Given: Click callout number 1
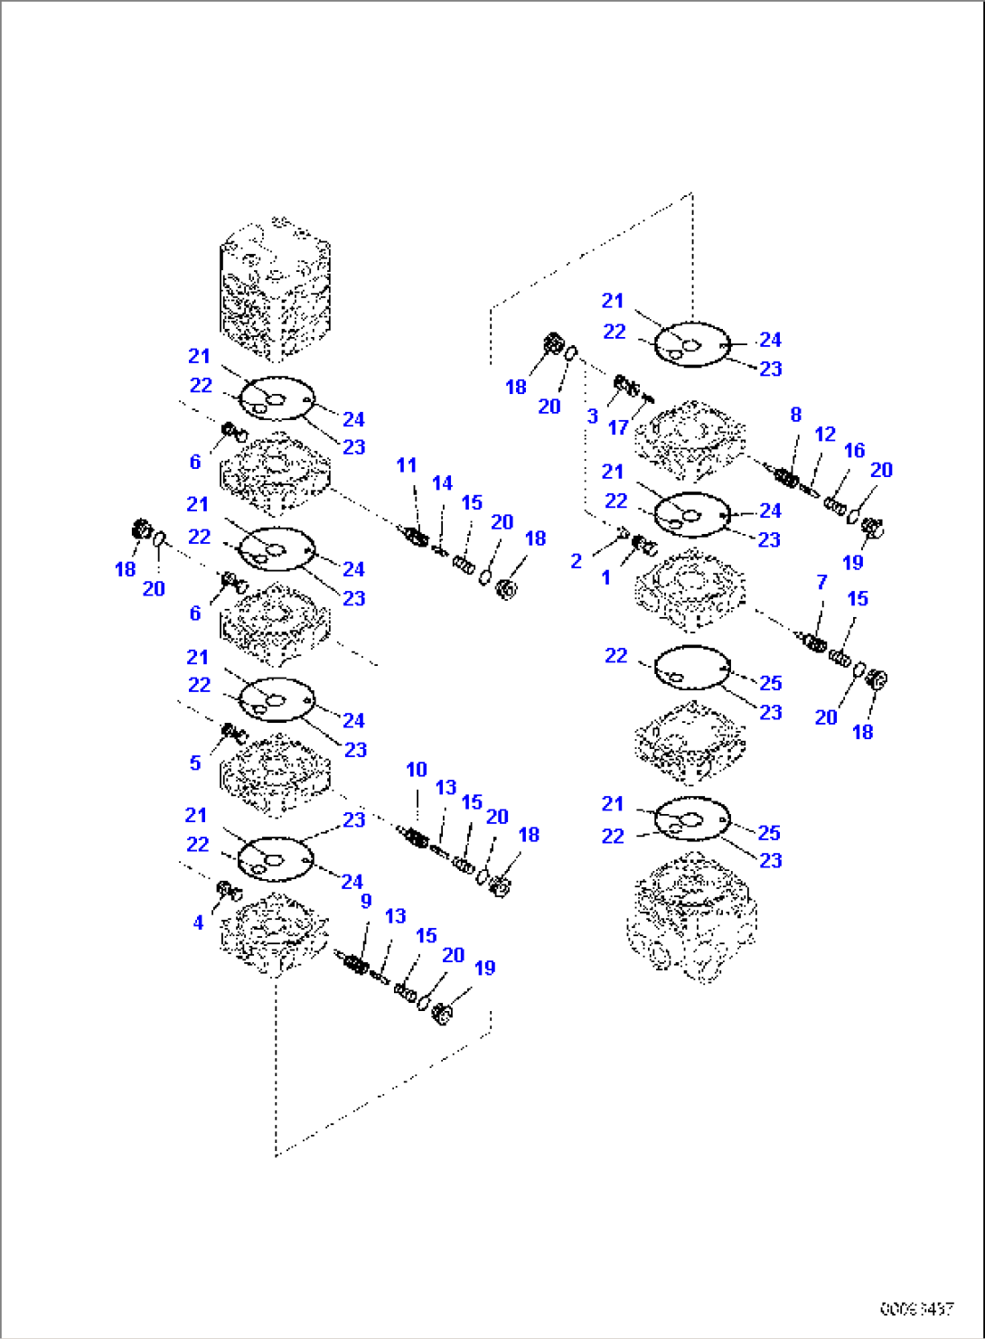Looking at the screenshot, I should (x=605, y=577).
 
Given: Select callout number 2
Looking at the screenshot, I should (x=577, y=561).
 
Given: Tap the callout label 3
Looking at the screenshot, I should (x=592, y=417).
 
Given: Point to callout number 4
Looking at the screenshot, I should (x=198, y=922).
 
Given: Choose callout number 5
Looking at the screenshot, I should (x=195, y=763).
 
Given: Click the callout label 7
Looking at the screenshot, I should (x=821, y=582).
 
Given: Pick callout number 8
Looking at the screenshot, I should (x=795, y=415).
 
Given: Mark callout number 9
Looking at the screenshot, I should (x=366, y=901).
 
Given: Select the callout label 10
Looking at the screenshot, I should (x=416, y=770).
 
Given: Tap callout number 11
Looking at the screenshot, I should (x=407, y=465).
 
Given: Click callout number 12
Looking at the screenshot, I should (x=825, y=435).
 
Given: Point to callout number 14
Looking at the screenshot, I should (x=442, y=483).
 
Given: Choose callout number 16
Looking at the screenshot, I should (x=854, y=451).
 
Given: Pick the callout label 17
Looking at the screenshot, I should (x=618, y=427).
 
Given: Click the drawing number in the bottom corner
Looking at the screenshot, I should (x=916, y=1307).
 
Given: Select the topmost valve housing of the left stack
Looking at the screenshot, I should (x=275, y=287).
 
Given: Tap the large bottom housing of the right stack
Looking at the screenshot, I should (x=691, y=917).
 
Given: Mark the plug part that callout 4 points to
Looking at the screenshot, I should (x=228, y=892).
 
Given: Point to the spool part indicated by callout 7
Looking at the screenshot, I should (x=813, y=642).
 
